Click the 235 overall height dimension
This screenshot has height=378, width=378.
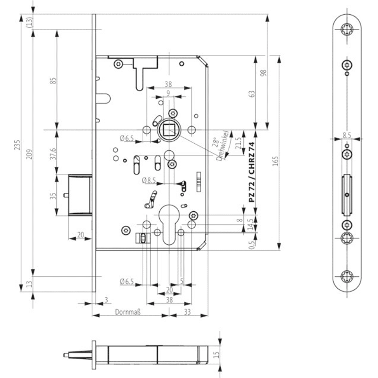pos(17,145)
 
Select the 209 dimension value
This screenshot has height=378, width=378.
pos(29,155)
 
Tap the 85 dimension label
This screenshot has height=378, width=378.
pos(53,80)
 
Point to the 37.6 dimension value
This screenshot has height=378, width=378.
pos(53,154)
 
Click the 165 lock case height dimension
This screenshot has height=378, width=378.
pos(276,161)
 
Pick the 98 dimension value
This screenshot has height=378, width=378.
pos(264,73)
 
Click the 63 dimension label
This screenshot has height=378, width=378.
pos(251,94)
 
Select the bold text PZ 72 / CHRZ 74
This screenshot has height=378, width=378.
pos(251,172)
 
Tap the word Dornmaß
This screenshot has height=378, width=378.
pos(128,312)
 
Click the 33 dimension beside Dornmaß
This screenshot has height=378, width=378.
pos(187,312)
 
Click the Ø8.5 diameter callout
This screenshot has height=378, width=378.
pos(149,180)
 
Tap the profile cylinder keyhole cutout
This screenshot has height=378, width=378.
pos(169,224)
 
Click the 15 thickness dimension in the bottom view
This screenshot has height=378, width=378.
pos(216,354)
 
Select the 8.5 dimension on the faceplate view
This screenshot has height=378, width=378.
pos(347,135)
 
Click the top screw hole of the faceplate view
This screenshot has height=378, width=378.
pos(347,30)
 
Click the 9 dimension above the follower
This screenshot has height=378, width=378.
pos(168,93)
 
